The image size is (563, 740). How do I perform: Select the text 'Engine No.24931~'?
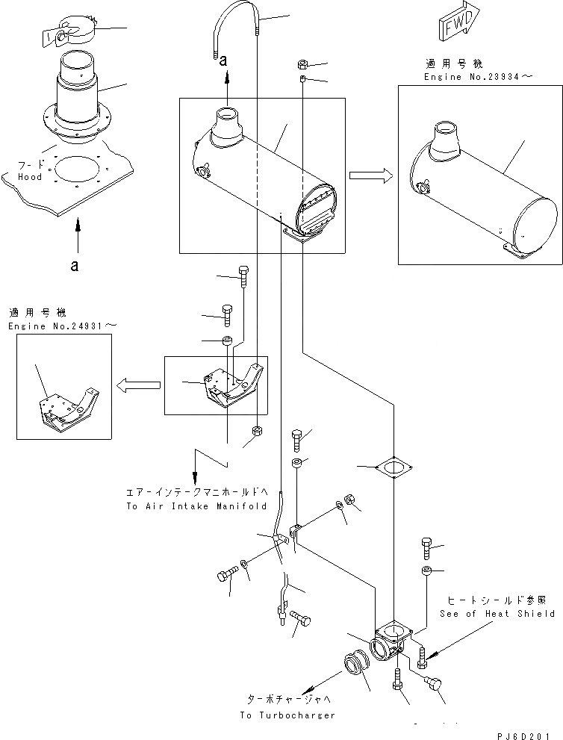[x=63, y=326]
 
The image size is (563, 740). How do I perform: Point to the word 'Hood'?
[x=31, y=176]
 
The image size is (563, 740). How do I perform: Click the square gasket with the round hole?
[x=391, y=470]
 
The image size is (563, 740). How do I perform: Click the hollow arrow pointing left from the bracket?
[x=138, y=384]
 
